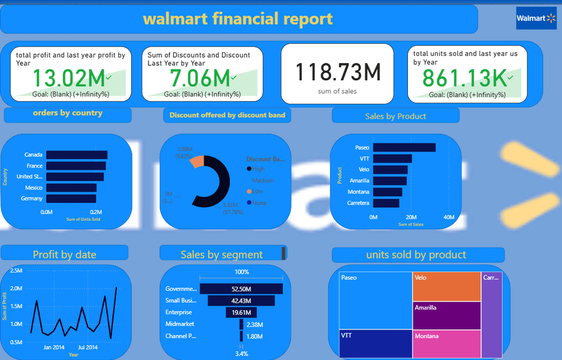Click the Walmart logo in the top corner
536,19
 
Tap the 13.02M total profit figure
68,78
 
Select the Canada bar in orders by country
76,155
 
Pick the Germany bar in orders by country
71,199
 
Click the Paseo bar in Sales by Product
404,148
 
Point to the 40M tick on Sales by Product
449,218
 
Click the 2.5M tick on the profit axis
16,271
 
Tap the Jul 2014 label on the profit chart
88,347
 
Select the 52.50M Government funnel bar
241,289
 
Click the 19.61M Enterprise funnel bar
241,312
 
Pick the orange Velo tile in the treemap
446,286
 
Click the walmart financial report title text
238,19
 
